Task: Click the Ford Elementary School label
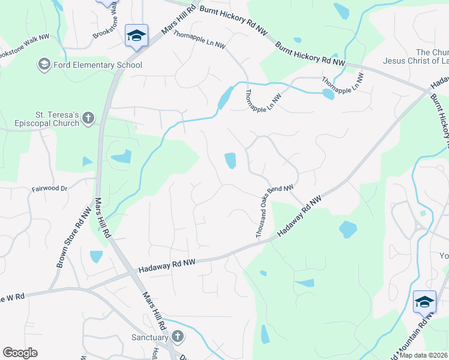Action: pyautogui.click(x=97, y=65)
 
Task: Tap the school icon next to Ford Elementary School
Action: pyautogui.click(x=44, y=64)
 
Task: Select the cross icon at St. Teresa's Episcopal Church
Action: pyautogui.click(x=88, y=117)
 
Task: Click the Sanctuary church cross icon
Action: pyautogui.click(x=177, y=337)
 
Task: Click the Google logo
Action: pyautogui.click(x=20, y=353)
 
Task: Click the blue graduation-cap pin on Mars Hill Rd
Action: pyautogui.click(x=136, y=35)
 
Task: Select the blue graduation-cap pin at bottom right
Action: pyautogui.click(x=424, y=301)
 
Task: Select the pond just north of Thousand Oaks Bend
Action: pyautogui.click(x=230, y=160)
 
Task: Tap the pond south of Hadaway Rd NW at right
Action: pyautogui.click(x=348, y=229)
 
